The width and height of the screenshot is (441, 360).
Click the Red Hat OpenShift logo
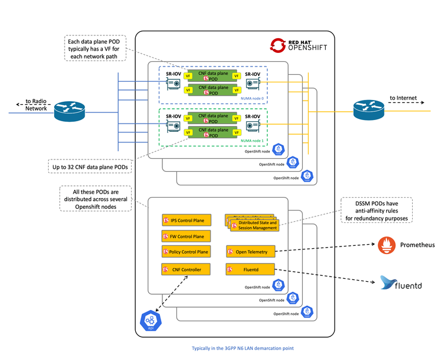tap(298, 45)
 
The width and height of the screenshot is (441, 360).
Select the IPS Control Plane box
tap(185, 221)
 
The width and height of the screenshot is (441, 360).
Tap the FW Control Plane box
tap(185, 236)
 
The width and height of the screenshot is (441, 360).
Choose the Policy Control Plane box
tap(185, 252)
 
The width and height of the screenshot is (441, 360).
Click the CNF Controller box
tap(185, 269)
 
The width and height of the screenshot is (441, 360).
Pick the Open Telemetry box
tap(250, 252)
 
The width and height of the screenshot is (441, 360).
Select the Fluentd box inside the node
tap(250, 269)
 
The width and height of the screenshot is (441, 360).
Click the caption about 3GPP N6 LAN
tap(242, 348)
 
